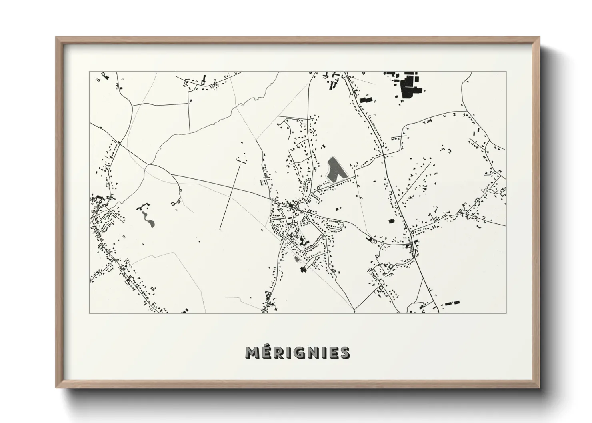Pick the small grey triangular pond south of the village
click(x=296, y=259)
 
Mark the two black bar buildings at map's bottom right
click(x=451, y=303)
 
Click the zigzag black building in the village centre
click(x=302, y=242)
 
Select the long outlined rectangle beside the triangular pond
click(x=308, y=263)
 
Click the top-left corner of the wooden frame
click(x=56, y=38)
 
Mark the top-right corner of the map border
click(x=506, y=72)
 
